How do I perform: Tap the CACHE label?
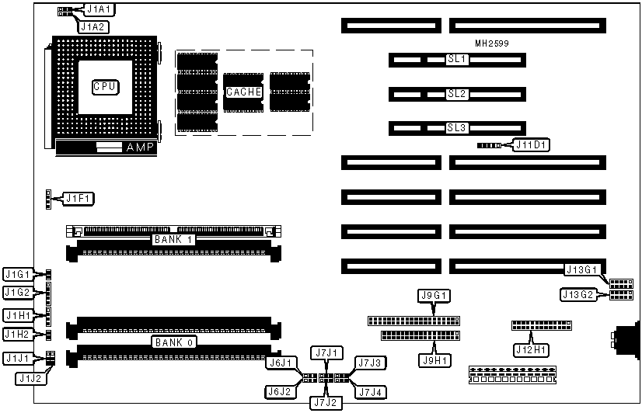(x=242, y=92)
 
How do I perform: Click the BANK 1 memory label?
(x=173, y=239)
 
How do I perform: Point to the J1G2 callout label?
(x=17, y=292)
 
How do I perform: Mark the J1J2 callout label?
(x=32, y=379)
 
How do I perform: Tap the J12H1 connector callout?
(x=532, y=349)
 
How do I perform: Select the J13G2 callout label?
(x=579, y=294)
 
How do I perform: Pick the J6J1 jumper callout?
(x=279, y=363)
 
